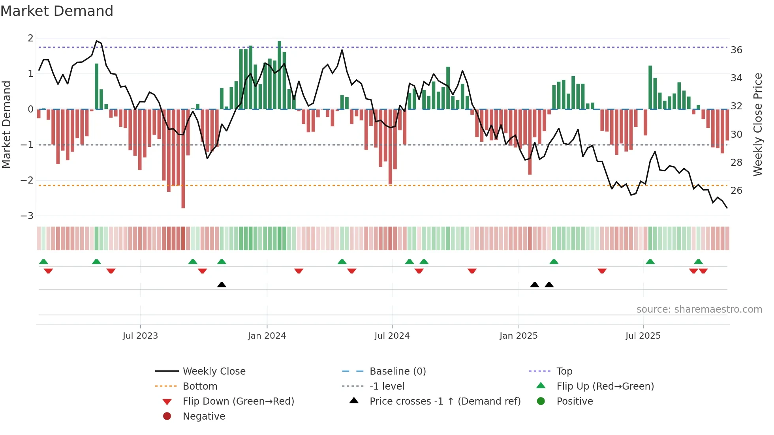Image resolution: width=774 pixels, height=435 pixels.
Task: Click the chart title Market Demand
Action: click(57, 11)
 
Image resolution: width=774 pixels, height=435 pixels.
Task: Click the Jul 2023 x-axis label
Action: click(140, 336)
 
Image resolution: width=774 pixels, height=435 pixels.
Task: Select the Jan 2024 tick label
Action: click(267, 336)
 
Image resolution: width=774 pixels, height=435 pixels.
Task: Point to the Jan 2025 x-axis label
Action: click(518, 336)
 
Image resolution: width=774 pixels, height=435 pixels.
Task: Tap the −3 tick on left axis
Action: click(27, 216)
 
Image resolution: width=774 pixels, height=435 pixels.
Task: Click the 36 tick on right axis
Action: click(736, 50)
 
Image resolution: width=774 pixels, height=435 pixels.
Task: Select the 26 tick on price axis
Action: click(736, 191)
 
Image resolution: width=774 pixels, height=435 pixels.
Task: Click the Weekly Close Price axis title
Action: click(757, 125)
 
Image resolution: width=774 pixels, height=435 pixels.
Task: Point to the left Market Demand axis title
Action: click(6, 125)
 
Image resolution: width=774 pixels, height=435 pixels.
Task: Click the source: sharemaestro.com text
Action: click(699, 309)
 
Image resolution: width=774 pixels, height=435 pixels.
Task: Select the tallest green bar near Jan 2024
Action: click(280, 75)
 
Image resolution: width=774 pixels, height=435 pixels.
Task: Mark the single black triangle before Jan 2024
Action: click(222, 285)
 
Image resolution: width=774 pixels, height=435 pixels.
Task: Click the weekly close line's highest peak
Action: click(96, 41)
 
